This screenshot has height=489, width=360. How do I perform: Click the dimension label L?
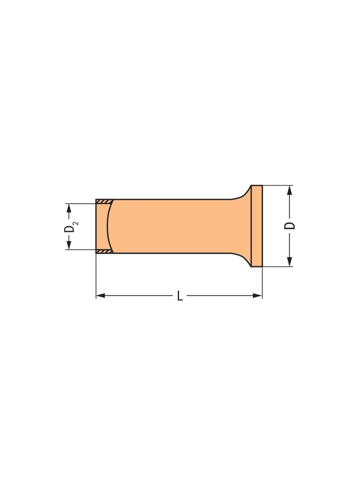coord(180,296)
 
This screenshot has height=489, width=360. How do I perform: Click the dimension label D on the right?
coord(290,226)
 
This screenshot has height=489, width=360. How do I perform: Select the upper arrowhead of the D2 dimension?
coord(69,208)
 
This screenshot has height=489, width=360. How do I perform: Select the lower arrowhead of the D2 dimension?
coord(69,245)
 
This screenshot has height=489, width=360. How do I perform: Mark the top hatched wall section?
coord(104,201)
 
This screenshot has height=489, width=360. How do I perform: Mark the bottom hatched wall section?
coord(104,251)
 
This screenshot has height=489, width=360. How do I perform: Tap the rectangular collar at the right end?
coord(257,226)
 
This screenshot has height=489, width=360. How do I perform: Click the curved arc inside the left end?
coord(108,226)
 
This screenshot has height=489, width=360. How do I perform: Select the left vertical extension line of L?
coord(96,275)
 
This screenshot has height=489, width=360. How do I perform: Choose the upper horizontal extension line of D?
coord(278,185)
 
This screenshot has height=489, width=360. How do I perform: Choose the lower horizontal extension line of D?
coord(278,267)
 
